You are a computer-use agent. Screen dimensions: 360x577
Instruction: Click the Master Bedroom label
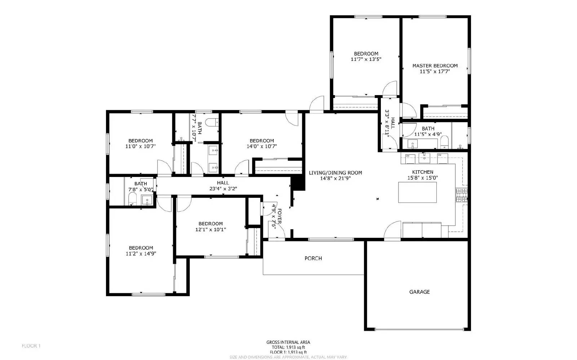coord(435,66)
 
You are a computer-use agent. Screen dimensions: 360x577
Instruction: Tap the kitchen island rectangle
coord(417,192)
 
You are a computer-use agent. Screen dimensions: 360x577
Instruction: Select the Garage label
coord(419,292)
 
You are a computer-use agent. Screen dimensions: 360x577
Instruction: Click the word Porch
coord(313,258)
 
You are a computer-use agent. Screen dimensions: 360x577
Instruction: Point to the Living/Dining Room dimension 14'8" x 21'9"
coord(335,178)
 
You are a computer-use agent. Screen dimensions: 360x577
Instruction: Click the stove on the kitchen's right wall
coord(462,195)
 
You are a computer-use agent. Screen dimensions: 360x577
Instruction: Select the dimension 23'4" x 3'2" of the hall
coord(223,188)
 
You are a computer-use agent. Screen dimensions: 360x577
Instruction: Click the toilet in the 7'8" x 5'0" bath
coord(132,199)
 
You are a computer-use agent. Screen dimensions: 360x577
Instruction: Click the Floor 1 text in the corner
coord(31,346)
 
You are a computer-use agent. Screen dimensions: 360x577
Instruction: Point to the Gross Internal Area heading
coord(288,342)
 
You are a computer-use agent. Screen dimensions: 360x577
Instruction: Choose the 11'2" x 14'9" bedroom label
coord(141,248)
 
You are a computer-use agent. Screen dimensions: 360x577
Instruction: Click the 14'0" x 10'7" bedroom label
coord(262,141)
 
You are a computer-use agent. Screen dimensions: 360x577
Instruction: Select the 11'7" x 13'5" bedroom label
coord(366,54)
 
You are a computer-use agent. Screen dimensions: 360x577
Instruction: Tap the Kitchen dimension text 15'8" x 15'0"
coord(423,178)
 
